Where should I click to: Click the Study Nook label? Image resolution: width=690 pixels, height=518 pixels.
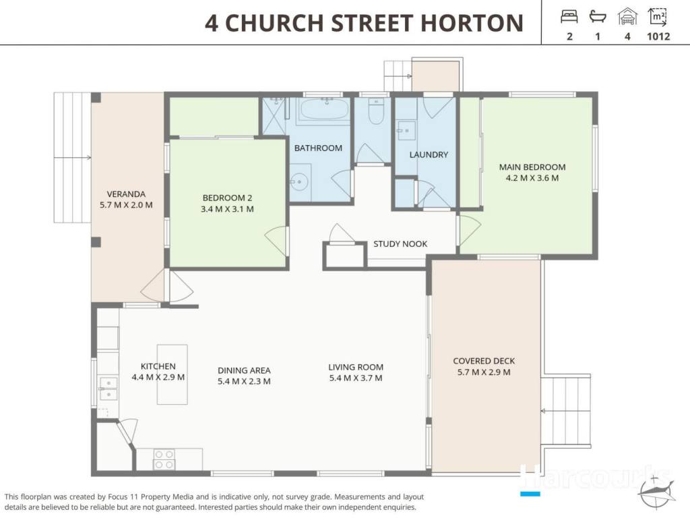[x=400, y=243]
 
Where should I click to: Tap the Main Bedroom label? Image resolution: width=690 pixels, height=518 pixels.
[x=532, y=167]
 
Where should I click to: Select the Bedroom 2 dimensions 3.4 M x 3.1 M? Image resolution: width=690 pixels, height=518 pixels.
[x=227, y=209]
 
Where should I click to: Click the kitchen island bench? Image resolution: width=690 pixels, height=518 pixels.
[x=172, y=374]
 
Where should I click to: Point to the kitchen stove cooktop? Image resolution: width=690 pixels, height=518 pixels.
[x=164, y=459]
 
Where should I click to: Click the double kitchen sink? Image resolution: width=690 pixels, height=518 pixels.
[x=108, y=388]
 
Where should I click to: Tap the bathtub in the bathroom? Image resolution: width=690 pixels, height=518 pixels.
[x=324, y=109]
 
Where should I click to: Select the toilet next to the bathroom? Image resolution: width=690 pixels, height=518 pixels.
[x=376, y=112]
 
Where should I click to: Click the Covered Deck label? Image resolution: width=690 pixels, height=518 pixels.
[x=484, y=361]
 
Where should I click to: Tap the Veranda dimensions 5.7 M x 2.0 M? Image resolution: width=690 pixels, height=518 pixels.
[x=126, y=205]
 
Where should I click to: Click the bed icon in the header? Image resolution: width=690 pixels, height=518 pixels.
[x=569, y=17]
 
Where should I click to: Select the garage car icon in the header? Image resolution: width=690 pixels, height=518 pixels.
[x=627, y=17]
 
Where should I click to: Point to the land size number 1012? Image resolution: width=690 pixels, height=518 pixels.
[x=658, y=36]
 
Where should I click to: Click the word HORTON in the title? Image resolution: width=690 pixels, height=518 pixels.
[x=472, y=23]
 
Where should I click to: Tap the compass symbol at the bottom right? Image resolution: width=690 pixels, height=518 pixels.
[x=657, y=491]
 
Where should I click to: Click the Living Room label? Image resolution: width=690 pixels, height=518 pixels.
[x=356, y=367]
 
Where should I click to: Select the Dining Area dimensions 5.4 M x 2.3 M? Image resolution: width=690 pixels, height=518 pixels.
[x=244, y=381]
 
